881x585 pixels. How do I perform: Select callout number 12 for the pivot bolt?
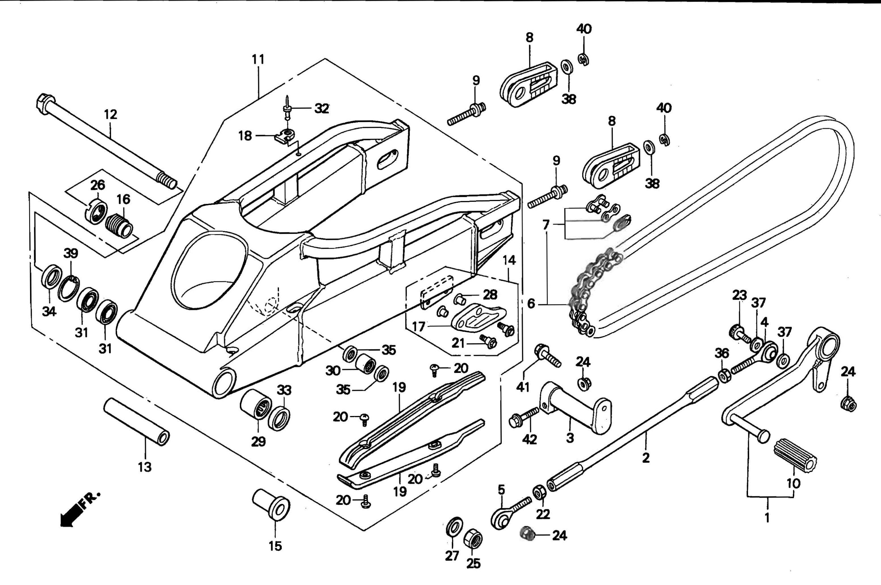coord(110,115)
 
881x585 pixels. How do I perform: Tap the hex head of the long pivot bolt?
coord(45,104)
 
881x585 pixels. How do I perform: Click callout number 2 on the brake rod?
coord(646,458)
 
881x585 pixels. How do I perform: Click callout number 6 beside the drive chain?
coord(531,304)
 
